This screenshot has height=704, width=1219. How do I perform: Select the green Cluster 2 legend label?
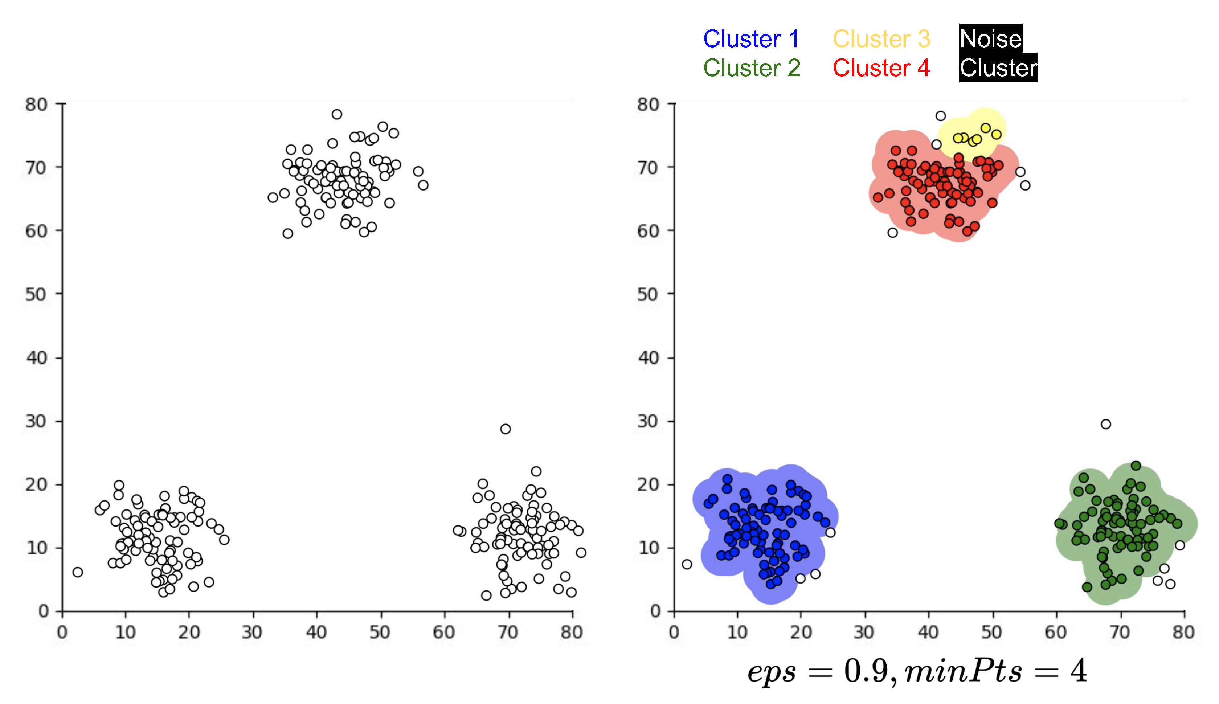coord(752,68)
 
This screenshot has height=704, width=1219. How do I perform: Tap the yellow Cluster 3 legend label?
coord(881,39)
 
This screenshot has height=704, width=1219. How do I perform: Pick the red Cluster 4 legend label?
coord(881,68)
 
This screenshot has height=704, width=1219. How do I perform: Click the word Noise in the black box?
coord(990,39)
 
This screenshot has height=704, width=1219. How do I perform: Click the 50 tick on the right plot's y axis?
coord(648,294)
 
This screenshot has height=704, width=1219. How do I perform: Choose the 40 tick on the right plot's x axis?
coord(928,632)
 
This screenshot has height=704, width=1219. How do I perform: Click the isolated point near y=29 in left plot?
coord(505,429)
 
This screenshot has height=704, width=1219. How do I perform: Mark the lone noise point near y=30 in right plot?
coord(1106,424)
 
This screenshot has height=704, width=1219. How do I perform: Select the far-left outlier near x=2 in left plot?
coord(77,572)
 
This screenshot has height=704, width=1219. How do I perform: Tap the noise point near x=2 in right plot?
coord(687,564)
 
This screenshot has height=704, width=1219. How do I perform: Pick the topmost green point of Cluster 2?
coord(1136,466)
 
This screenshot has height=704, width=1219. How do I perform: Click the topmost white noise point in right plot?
coord(941,116)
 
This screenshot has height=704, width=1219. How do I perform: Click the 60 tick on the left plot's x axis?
coord(443,632)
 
